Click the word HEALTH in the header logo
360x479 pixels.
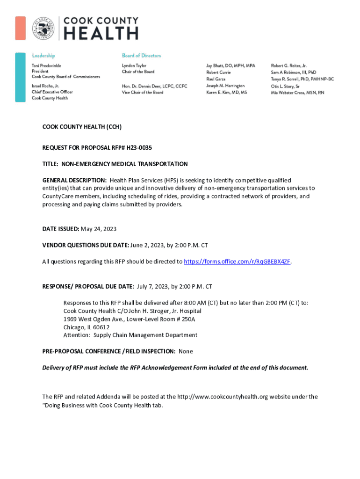(101, 34)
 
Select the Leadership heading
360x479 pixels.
(43, 56)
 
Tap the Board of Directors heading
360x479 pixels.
(141, 56)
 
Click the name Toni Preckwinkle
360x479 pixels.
(46, 66)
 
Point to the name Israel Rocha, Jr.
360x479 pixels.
(45, 87)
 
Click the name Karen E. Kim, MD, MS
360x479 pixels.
(227, 93)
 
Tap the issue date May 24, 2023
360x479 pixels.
(99, 229)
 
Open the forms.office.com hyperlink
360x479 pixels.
(238, 261)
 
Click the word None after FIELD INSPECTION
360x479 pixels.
(186, 351)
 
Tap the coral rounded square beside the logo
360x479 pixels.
(20, 28)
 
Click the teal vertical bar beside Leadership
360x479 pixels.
(20, 77)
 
